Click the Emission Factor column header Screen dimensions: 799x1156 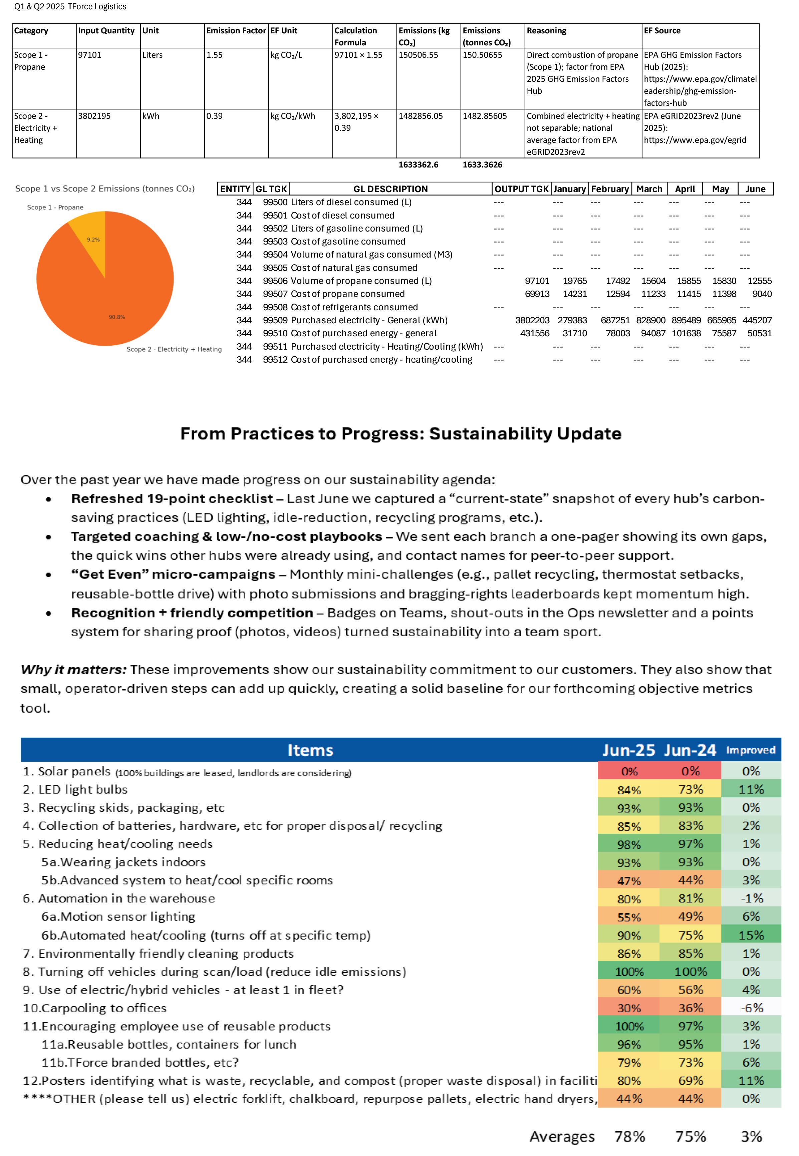pos(236,31)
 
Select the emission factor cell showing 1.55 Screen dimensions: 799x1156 pos(214,55)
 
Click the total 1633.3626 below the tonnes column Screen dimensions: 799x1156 pos(482,165)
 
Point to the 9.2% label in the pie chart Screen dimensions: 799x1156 pos(93,240)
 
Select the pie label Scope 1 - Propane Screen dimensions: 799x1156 pos(55,207)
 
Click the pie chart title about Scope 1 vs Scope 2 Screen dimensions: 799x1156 pos(105,189)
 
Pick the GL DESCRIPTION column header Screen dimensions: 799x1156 pos(390,189)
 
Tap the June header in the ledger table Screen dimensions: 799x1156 pos(756,189)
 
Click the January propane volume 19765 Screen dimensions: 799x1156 pos(575,281)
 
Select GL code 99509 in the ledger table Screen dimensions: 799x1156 pos(275,320)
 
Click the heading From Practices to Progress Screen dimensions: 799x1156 pos(401,433)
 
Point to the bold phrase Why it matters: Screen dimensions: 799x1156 pos(73,670)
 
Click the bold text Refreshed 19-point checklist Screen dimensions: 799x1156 pos(172,499)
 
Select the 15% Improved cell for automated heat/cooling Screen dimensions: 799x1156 pos(751,935)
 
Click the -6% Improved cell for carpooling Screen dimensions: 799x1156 pos(751,1008)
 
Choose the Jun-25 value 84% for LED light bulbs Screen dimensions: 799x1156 pos(629,790)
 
